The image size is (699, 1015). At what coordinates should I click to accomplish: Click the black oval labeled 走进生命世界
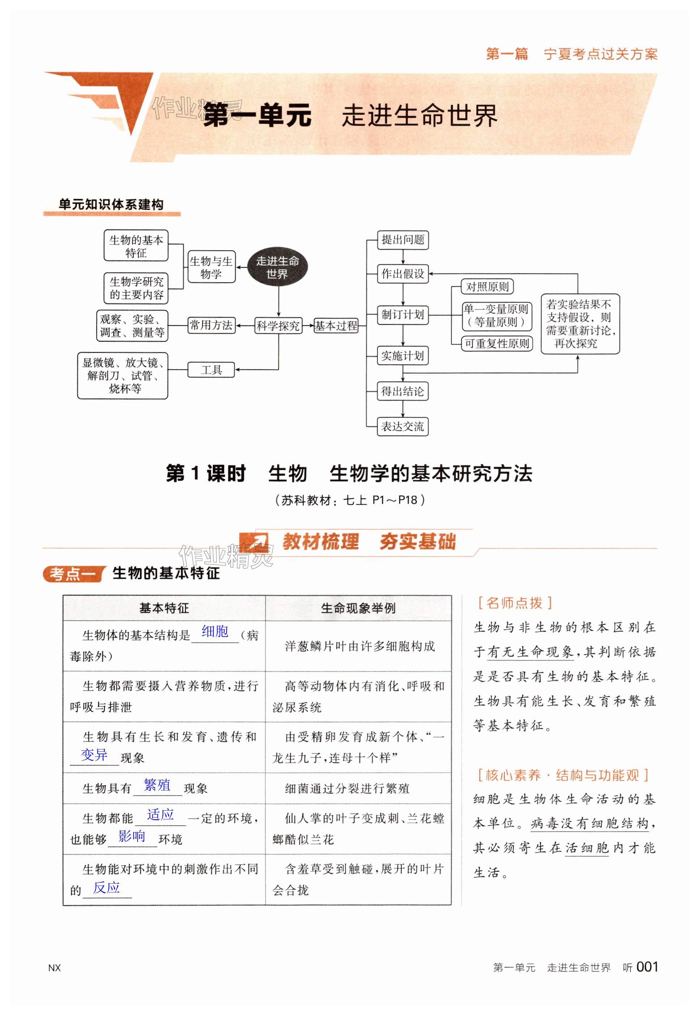[x=277, y=267]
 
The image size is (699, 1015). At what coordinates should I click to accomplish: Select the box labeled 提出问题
[x=403, y=239]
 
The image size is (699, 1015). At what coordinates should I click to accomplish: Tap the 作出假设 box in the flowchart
[x=403, y=274]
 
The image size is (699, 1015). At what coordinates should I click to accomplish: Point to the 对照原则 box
[x=487, y=287]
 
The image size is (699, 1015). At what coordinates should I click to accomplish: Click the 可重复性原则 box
[x=497, y=344]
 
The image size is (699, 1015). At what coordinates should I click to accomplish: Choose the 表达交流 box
[x=403, y=426]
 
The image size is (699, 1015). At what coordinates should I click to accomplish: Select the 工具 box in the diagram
[x=211, y=370]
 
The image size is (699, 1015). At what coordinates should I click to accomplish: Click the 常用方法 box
[x=211, y=325]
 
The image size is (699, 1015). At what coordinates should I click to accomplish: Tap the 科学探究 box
[x=278, y=326]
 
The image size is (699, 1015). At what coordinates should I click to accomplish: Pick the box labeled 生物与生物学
[x=211, y=267]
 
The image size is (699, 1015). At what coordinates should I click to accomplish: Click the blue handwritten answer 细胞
[x=215, y=631]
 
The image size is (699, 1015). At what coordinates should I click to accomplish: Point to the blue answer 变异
[x=94, y=755]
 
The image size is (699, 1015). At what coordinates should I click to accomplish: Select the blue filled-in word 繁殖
[x=157, y=785]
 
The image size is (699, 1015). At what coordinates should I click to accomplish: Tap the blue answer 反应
[x=106, y=887]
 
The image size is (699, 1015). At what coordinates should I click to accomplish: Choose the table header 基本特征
[x=164, y=608]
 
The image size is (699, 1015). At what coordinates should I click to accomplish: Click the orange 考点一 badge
[x=73, y=574]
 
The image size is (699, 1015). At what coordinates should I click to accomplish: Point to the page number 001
[x=647, y=967]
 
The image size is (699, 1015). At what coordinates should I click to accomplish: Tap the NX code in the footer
[x=54, y=968]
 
